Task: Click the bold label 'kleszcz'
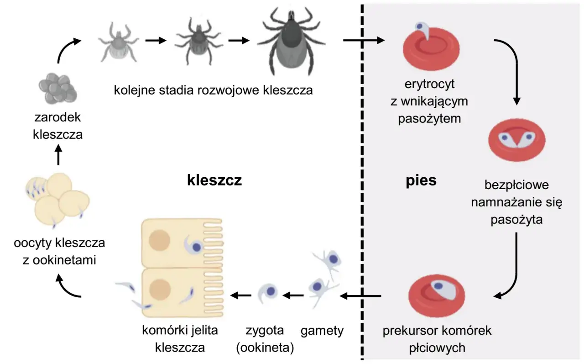pos(214,181)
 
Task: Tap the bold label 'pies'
pos(421,181)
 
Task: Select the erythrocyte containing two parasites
pos(516,139)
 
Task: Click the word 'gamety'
pos(322,331)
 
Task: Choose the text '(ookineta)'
pos(265,348)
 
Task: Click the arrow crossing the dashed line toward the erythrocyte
pos(364,41)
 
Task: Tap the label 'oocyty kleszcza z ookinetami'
pos(59,251)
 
